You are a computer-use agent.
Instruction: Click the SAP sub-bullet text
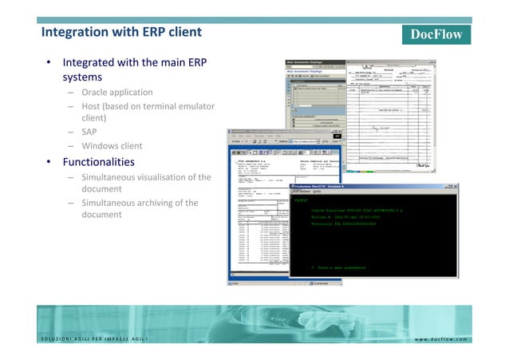(x=89, y=132)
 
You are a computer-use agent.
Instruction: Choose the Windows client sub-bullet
(x=112, y=146)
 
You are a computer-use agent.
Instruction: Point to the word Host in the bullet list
(x=94, y=105)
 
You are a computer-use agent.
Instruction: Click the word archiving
(x=160, y=203)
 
